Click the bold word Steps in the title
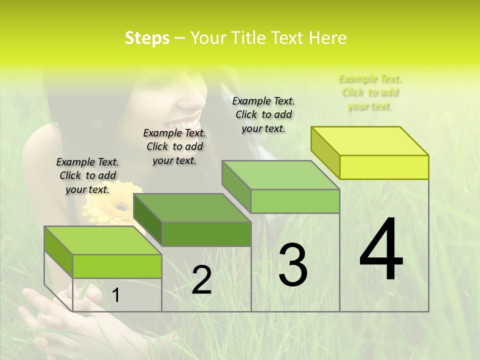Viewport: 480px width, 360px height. point(147,38)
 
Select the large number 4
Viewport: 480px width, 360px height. point(381,250)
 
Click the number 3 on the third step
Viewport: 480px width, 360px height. point(293,264)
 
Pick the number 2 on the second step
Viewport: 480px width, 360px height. point(201,280)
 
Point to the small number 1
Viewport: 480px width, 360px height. point(116,295)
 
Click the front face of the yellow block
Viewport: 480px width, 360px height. point(384,167)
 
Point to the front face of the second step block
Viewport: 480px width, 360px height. point(206,234)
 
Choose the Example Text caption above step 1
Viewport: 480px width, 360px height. point(87,175)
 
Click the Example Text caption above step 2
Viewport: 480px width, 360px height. point(174,146)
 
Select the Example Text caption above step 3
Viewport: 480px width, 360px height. point(263,114)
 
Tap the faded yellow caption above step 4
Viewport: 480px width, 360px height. point(370,92)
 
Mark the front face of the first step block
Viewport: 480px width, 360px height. point(117,266)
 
